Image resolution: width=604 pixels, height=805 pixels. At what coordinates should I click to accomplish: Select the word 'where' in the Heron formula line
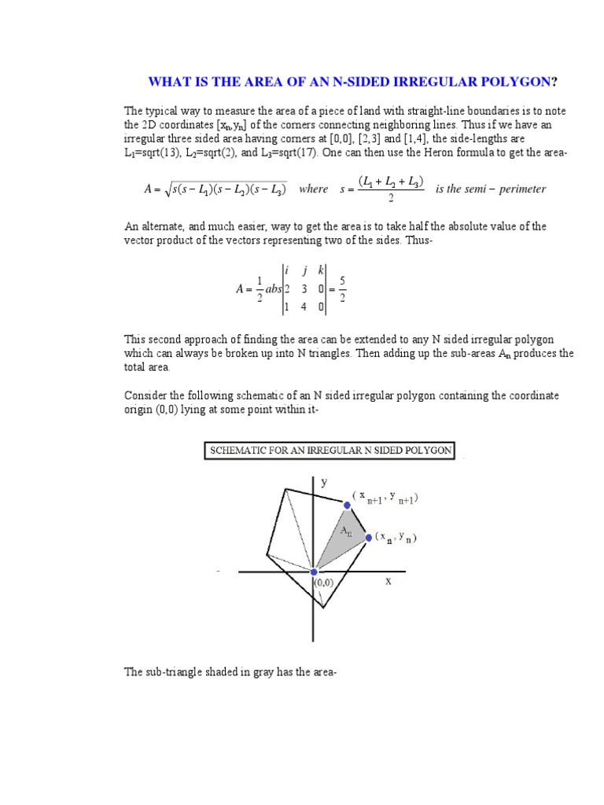coord(314,189)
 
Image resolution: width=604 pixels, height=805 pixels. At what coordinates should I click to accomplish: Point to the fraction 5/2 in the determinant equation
coord(341,289)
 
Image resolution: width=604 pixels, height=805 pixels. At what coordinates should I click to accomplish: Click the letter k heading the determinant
coord(321,270)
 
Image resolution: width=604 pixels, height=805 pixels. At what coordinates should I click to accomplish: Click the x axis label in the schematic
coord(388,582)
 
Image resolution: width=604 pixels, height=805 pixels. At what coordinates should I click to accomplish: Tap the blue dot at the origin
coord(315,572)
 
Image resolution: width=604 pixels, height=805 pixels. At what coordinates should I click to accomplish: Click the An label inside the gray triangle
coord(345,531)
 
